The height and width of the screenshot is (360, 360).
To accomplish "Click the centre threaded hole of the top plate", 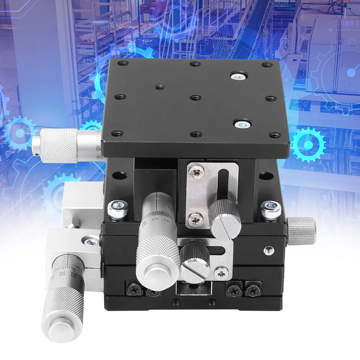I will [195, 98].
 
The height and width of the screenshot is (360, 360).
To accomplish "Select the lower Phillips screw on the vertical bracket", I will [196, 218].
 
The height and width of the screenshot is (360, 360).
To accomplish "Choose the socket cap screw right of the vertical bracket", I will [271, 210].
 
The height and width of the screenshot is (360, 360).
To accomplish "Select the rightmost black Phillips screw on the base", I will [253, 288].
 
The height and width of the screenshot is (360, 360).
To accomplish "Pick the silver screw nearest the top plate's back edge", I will [238, 77].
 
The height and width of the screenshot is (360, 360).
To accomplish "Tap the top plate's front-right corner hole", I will [275, 135].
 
